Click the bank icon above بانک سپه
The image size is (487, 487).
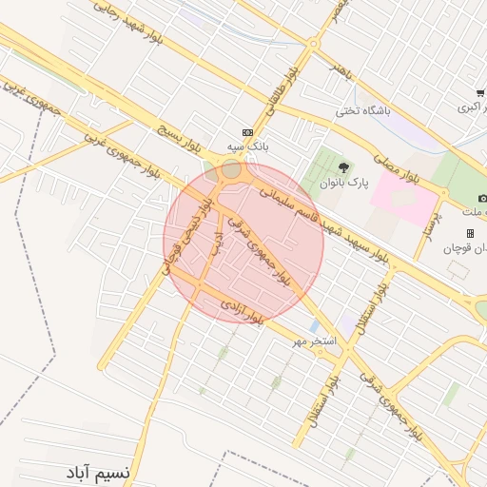(248, 132)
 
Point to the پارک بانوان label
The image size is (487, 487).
(343, 183)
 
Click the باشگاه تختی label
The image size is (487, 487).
(363, 111)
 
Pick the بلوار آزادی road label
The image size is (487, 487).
(241, 311)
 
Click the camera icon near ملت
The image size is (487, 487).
(482, 198)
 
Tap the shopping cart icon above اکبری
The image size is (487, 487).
(481, 92)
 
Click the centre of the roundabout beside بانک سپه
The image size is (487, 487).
(230, 171)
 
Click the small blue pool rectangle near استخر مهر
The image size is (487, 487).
(314, 326)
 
